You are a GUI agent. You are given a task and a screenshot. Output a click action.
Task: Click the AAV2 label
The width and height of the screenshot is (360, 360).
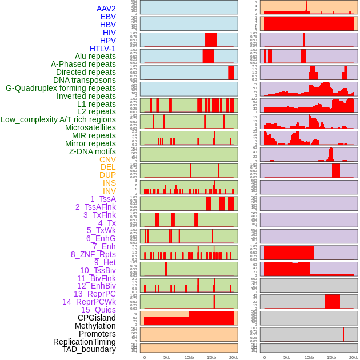coord(106,9)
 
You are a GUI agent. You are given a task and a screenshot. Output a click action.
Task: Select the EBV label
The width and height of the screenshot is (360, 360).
coord(108,17)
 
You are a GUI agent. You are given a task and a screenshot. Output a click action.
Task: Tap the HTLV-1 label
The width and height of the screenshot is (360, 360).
coord(103,49)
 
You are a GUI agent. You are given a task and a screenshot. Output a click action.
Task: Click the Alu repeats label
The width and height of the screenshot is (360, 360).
coord(95,56)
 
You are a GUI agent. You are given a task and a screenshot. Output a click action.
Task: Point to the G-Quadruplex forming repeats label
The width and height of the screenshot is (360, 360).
coord(61,88)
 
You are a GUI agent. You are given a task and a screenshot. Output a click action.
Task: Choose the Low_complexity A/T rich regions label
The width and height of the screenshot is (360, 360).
coord(58,119)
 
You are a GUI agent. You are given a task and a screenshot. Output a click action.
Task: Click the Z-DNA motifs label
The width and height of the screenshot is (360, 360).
coord(93,151)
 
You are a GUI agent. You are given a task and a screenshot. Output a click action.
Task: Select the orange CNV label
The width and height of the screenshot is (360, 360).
coord(107,159)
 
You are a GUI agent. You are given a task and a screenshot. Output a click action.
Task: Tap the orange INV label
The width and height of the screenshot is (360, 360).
coord(109,191)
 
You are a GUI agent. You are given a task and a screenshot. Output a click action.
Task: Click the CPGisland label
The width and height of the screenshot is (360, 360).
coord(97,318)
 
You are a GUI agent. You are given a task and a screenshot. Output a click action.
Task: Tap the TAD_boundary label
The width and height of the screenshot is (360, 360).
coord(89,349)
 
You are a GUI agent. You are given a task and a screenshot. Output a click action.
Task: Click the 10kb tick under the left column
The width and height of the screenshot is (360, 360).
coord(189,357)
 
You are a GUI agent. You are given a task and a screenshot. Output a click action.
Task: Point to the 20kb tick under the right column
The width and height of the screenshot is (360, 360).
coord(354,357)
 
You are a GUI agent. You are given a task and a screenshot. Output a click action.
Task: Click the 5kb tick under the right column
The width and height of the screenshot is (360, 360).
coord(287,357)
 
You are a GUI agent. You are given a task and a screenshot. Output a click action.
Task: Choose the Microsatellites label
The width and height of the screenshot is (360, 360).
coord(90,127)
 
